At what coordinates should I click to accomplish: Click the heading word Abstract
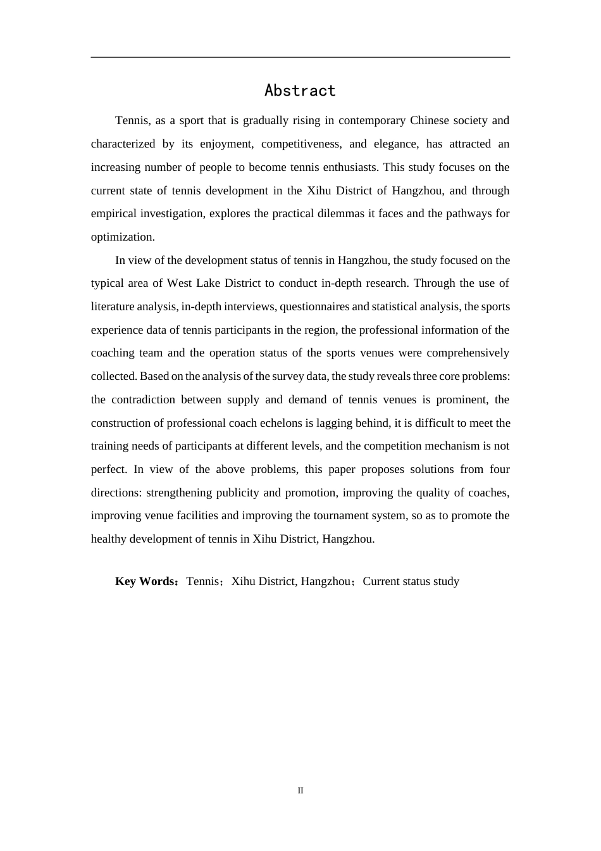[x=300, y=91]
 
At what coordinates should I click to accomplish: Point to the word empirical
[x=113, y=213]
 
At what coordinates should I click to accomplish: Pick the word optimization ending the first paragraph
[x=121, y=237]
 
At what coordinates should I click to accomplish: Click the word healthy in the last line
[x=109, y=539]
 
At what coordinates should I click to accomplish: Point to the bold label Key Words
[x=145, y=581]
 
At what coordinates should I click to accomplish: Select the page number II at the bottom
[x=300, y=790]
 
